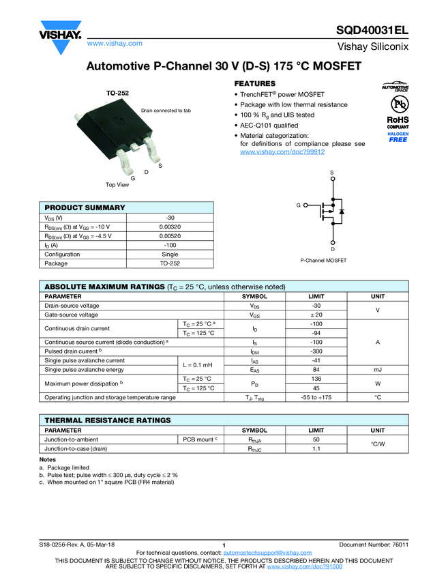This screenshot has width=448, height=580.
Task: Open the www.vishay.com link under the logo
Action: [115, 43]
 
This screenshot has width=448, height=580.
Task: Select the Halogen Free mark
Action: [398, 137]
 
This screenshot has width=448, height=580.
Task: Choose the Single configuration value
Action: [170, 254]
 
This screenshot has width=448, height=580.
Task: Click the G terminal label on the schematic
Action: [298, 205]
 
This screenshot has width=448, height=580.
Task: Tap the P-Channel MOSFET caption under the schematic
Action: [323, 261]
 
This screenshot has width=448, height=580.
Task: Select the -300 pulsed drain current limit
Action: [316, 351]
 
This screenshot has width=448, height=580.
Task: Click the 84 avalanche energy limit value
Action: [316, 370]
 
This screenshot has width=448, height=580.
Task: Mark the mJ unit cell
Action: [378, 370]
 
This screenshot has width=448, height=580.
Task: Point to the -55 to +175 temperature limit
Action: [316, 397]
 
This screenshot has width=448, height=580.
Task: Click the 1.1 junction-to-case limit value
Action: [316, 449]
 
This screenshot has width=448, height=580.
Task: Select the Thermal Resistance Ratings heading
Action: [108, 420]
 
